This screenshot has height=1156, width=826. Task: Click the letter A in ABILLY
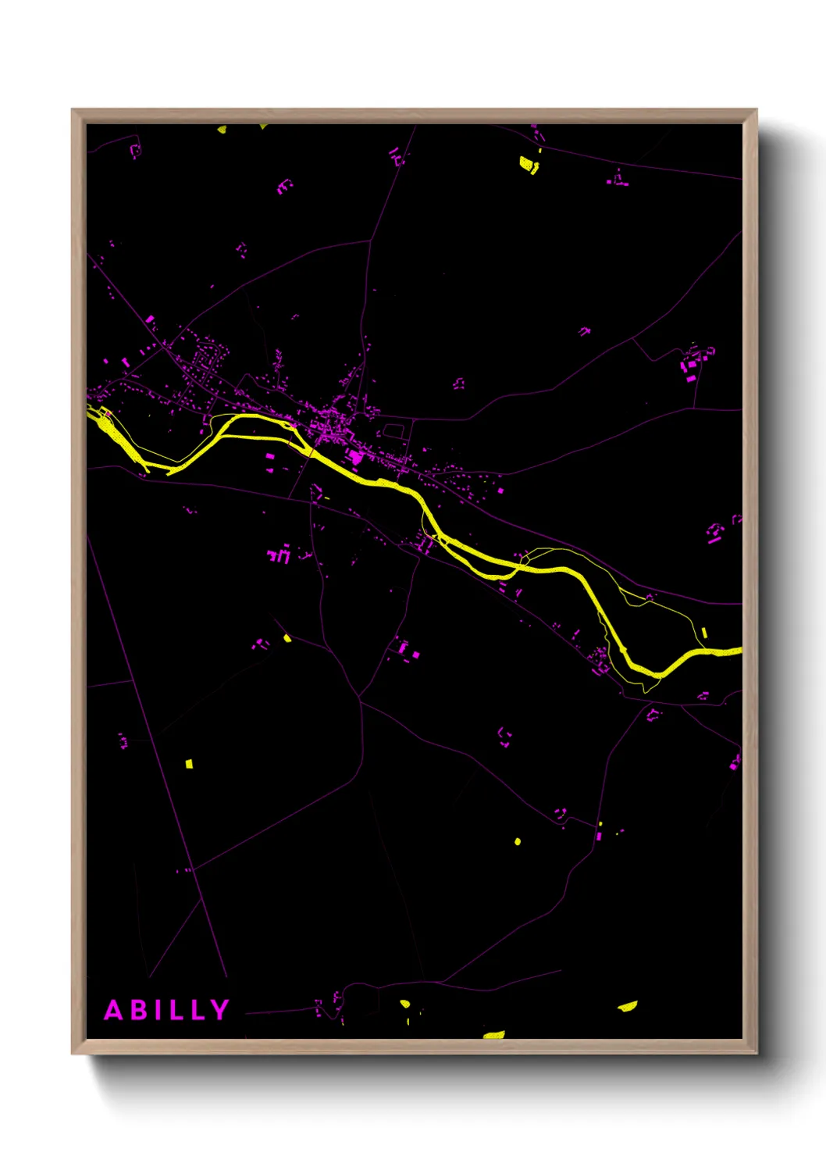pos(114,1010)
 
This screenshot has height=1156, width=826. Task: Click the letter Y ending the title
pos(219,1010)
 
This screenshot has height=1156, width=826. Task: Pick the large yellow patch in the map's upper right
pos(529,165)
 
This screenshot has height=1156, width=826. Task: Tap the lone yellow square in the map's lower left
pos(188,763)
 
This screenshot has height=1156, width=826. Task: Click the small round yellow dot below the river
pos(517,841)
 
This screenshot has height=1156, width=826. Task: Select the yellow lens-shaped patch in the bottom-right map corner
pos(628,1005)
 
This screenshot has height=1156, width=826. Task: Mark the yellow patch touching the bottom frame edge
pos(493,1035)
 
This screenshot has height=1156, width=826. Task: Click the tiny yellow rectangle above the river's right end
pos(704,633)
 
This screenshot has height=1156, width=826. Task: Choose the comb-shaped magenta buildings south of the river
pos(279,555)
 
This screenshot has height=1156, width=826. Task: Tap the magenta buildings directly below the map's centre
pos(405,649)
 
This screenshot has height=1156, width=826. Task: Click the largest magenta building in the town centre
pos(355,456)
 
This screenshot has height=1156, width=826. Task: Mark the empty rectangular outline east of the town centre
pos(393,430)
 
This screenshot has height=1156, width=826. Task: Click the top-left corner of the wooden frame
pos(73,110)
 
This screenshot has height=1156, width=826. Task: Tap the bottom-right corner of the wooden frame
pos(757,1053)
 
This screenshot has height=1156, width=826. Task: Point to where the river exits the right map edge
pos(739,651)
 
